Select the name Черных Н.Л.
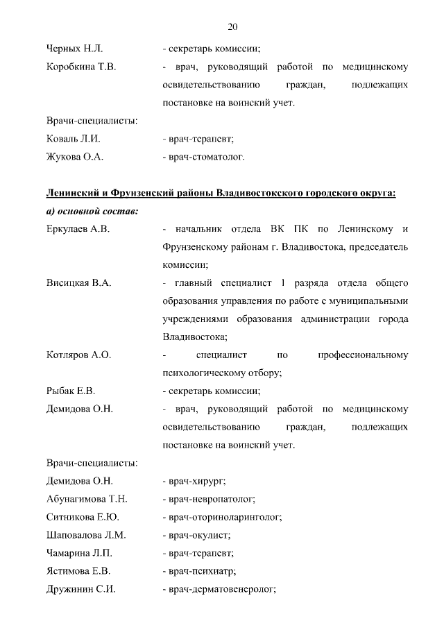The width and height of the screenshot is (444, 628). (x=74, y=49)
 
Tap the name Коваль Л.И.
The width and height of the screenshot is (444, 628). (x=73, y=139)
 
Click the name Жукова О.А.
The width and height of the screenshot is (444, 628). (x=74, y=157)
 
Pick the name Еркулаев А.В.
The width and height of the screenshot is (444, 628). (x=78, y=228)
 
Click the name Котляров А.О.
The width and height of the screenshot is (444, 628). (x=78, y=355)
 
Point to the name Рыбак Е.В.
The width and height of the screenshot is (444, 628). (x=71, y=391)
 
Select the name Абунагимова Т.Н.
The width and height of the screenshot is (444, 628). (x=87, y=499)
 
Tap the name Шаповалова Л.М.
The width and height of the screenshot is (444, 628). (x=86, y=535)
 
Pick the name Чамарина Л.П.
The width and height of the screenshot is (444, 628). (x=79, y=553)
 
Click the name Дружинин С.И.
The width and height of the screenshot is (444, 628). (x=80, y=589)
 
